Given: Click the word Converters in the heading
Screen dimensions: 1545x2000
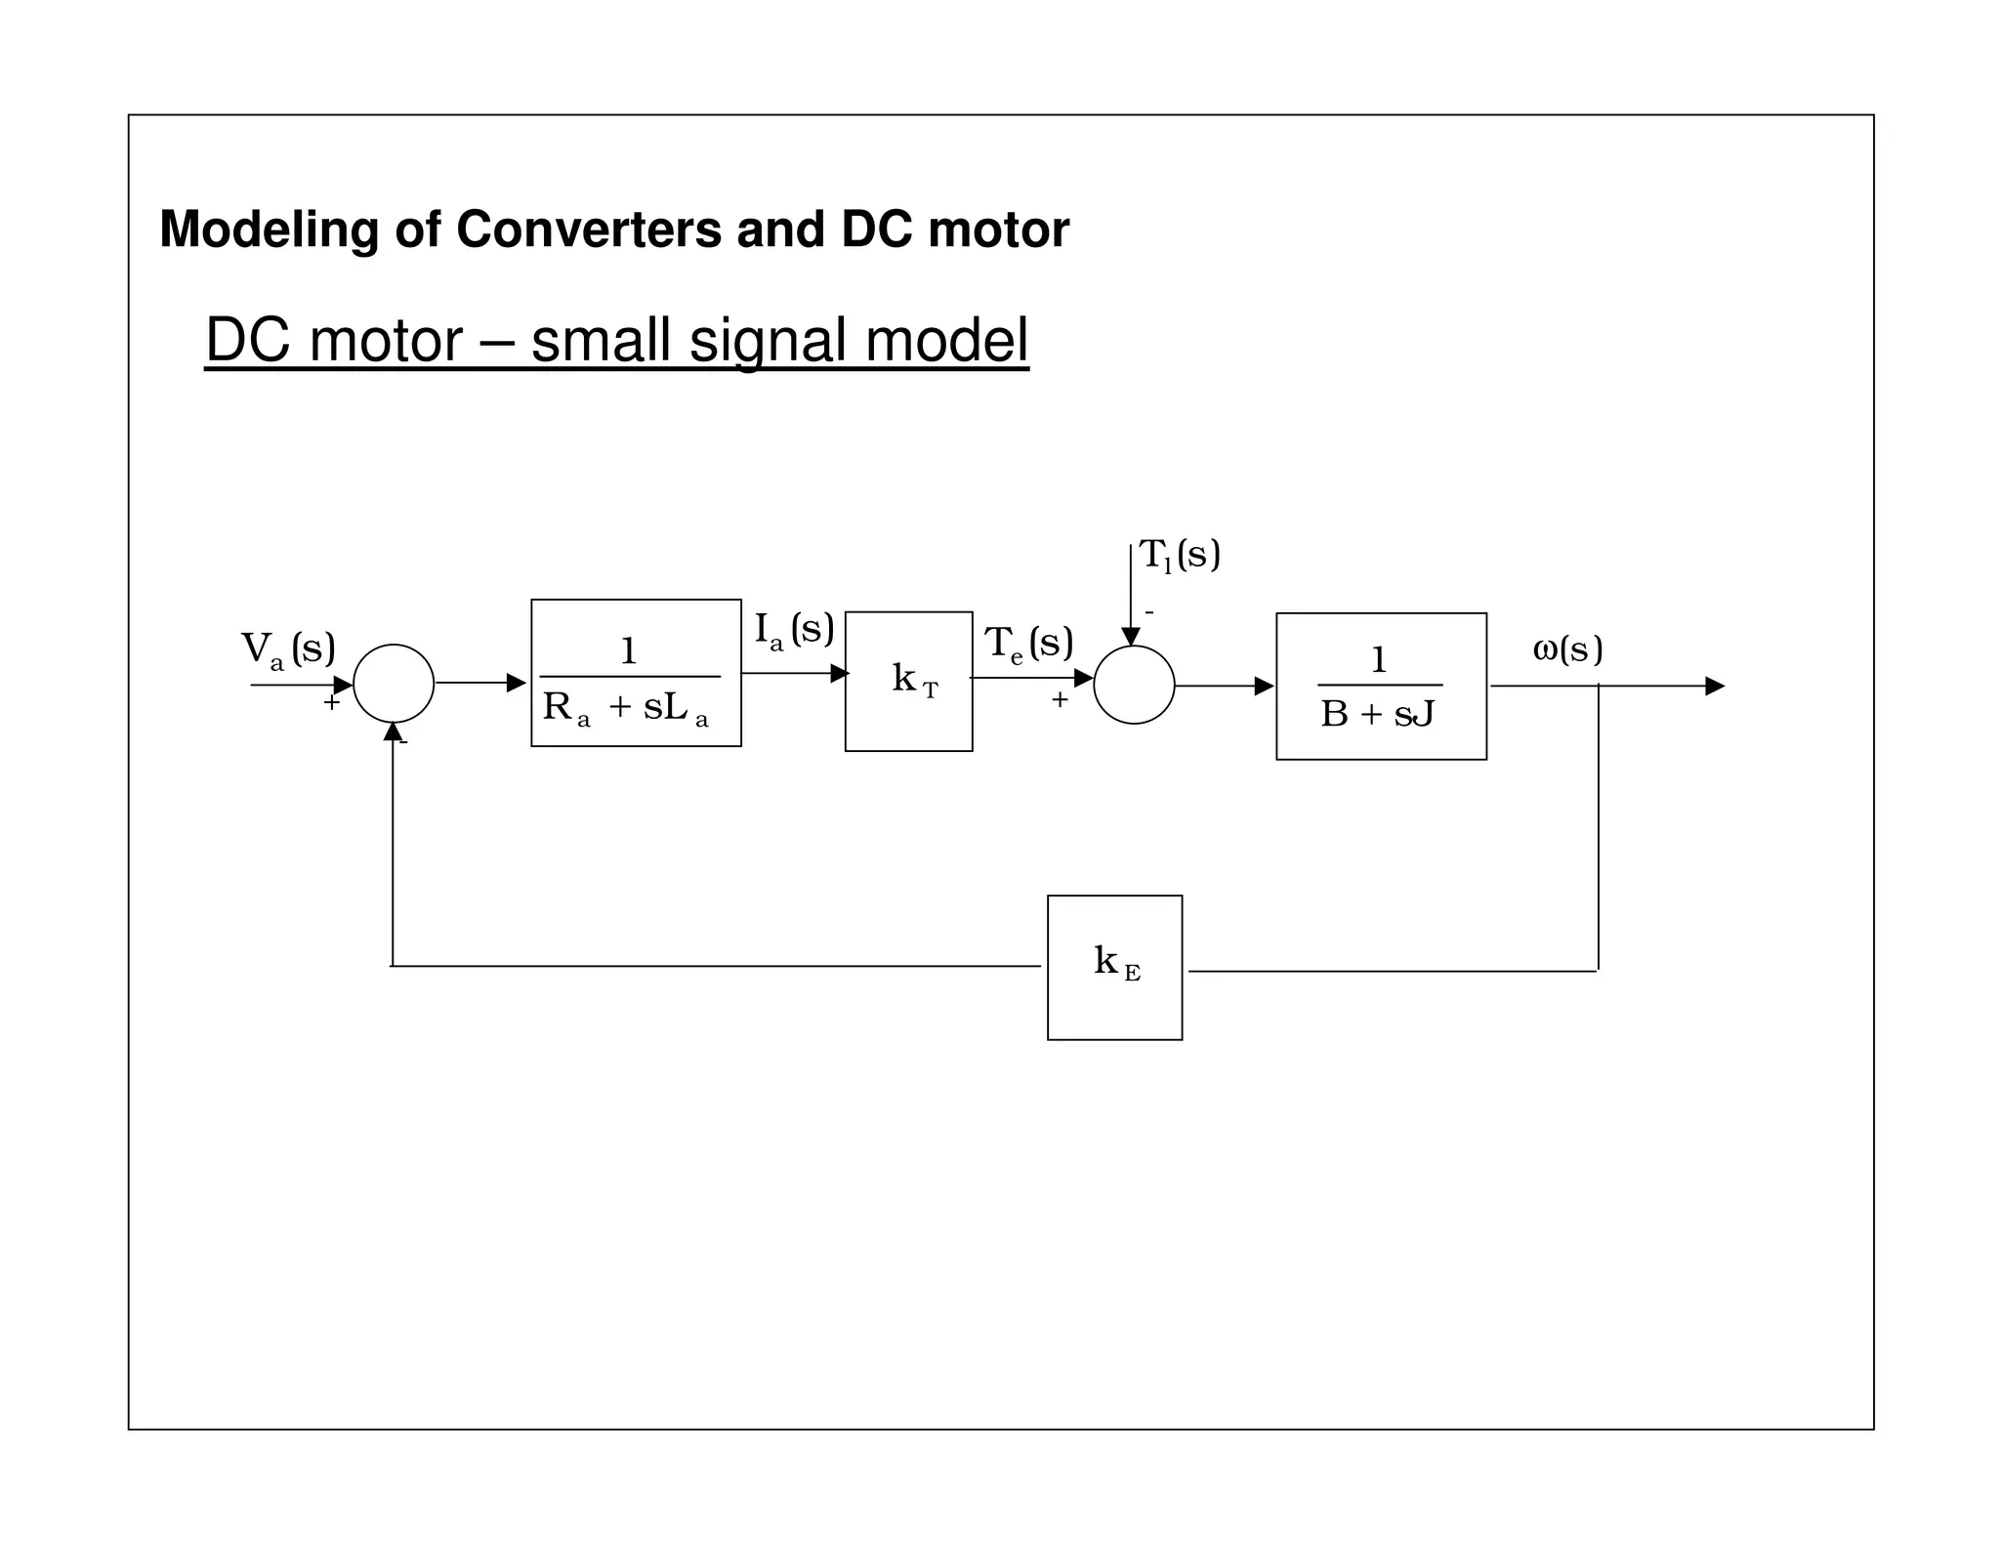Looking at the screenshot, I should pyautogui.click(x=589, y=230).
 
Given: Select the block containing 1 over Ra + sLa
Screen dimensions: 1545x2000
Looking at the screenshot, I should pyautogui.click(x=636, y=673).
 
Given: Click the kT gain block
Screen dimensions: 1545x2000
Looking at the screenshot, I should pyautogui.click(x=908, y=682).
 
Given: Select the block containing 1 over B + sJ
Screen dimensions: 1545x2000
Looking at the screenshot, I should pyautogui.click(x=1381, y=687).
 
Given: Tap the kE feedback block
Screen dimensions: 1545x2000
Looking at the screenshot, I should pyautogui.click(x=1114, y=967).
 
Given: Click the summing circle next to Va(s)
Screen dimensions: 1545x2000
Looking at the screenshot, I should pyautogui.click(x=394, y=684).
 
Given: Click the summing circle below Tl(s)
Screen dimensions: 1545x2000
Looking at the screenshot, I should pyautogui.click(x=1134, y=685).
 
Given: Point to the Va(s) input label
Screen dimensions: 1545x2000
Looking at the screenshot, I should pyautogui.click(x=288, y=649).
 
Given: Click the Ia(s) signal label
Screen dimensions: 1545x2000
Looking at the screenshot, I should pyautogui.click(x=794, y=630).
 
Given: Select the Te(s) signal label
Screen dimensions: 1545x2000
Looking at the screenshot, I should pyautogui.click(x=1028, y=645).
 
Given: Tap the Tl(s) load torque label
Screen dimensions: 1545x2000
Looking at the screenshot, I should pyautogui.click(x=1180, y=556).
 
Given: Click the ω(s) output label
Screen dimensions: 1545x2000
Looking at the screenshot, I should pyautogui.click(x=1567, y=649).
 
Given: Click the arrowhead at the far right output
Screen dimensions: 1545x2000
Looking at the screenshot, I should pyautogui.click(x=1715, y=687).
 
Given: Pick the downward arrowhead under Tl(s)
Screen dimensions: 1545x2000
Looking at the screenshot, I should pyautogui.click(x=1131, y=637).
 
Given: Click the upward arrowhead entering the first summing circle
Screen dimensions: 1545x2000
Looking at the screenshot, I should pyautogui.click(x=393, y=731).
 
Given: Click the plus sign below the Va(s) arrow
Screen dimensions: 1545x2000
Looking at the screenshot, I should pyautogui.click(x=331, y=703).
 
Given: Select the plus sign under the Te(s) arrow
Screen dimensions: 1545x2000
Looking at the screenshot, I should pyautogui.click(x=1060, y=700).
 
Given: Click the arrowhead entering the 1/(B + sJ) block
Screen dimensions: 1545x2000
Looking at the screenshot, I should pyautogui.click(x=1264, y=687).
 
